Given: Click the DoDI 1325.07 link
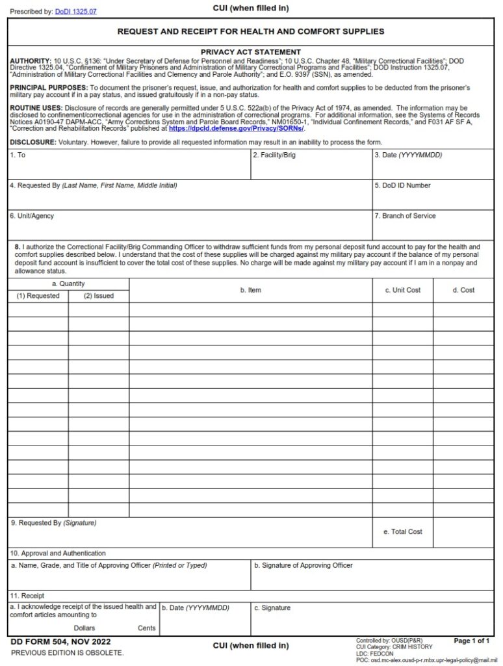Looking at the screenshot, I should [x=75, y=12].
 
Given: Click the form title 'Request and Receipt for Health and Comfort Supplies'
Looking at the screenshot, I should [x=250, y=31].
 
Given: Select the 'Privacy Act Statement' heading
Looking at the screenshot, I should [x=250, y=52].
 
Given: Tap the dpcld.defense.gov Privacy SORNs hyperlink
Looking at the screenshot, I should [x=237, y=129].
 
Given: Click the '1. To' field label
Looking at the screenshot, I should [x=18, y=155].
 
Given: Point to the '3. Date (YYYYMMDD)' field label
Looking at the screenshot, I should [x=408, y=155].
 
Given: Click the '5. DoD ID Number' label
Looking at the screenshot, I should [x=403, y=185].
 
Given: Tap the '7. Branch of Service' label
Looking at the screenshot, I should [x=406, y=216].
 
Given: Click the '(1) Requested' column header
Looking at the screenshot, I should [x=38, y=296].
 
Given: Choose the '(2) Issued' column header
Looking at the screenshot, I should [x=98, y=296].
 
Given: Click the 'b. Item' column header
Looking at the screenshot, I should [x=250, y=290].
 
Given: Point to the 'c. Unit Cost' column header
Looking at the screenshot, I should [x=402, y=290].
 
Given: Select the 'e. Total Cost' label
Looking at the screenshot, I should [x=402, y=531].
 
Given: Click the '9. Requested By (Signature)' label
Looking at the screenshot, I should [x=53, y=523].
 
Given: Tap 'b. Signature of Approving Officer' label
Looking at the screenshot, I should [x=303, y=565].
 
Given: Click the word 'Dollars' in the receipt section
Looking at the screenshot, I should [x=84, y=628].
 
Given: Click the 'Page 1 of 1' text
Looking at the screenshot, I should [x=471, y=641].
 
